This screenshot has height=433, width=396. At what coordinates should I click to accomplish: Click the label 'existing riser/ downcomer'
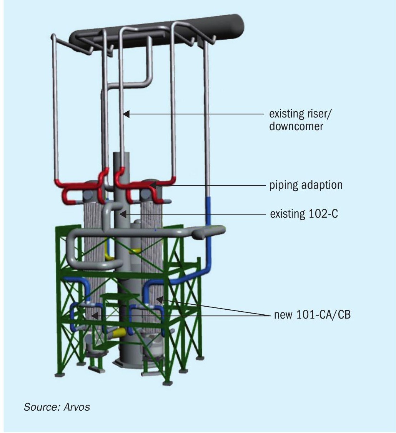[x=300, y=120]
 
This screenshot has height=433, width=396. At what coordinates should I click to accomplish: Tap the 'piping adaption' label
[x=306, y=185]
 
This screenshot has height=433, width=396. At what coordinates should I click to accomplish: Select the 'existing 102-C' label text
[x=304, y=214]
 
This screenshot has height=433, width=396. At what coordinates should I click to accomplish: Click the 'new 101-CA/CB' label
[x=312, y=314]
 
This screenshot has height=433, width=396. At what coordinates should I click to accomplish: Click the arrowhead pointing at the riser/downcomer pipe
[x=126, y=114]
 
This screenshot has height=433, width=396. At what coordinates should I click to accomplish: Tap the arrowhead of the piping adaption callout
[x=153, y=185]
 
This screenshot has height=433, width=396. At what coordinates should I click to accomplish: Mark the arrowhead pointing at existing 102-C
[x=123, y=214]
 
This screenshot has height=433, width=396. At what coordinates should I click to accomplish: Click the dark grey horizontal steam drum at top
[x=157, y=33]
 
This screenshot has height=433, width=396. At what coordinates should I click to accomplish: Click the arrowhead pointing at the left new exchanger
[x=95, y=316]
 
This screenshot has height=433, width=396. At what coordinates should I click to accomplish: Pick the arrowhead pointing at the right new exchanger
[x=160, y=299]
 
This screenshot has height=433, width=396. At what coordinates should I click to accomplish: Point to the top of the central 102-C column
[x=121, y=154]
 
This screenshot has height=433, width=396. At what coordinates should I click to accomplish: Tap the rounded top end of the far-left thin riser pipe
[x=53, y=36]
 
